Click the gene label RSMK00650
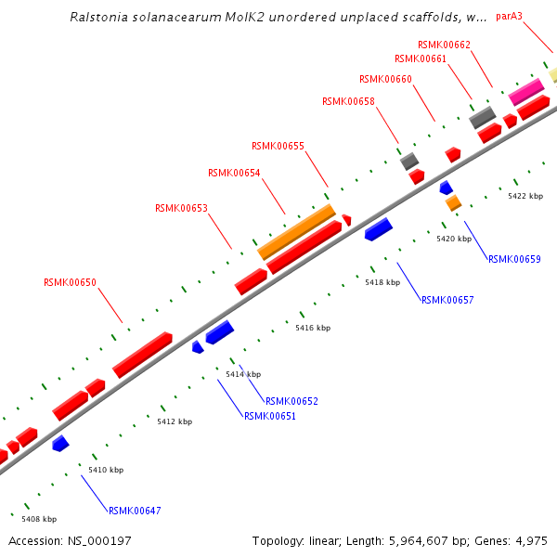[70, 282]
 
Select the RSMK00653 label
[181, 208]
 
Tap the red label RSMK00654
[234, 173]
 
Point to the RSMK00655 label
[278, 146]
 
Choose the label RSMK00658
[348, 101]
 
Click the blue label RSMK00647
[135, 511]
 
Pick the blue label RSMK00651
[270, 416]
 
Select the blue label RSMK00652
[291, 401]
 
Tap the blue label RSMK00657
[447, 300]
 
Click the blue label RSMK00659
[514, 259]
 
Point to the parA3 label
[510, 16]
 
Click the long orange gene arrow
[296, 231]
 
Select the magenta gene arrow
[526, 91]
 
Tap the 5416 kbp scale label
[313, 328]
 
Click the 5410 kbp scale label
[106, 470]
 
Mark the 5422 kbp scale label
[525, 196]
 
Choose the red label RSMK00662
[444, 45]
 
